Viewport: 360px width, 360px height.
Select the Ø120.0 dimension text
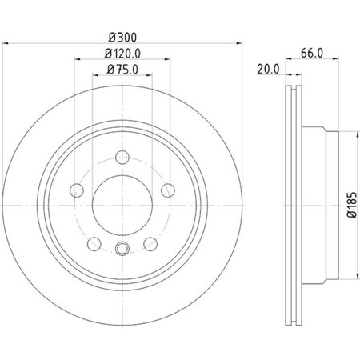[x=124, y=54]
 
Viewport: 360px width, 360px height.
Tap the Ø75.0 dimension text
[x=123, y=70]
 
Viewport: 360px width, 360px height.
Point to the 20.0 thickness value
[x=268, y=70]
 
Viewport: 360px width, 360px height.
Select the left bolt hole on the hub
[x=78, y=190]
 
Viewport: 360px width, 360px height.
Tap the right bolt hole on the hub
[x=168, y=190]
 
